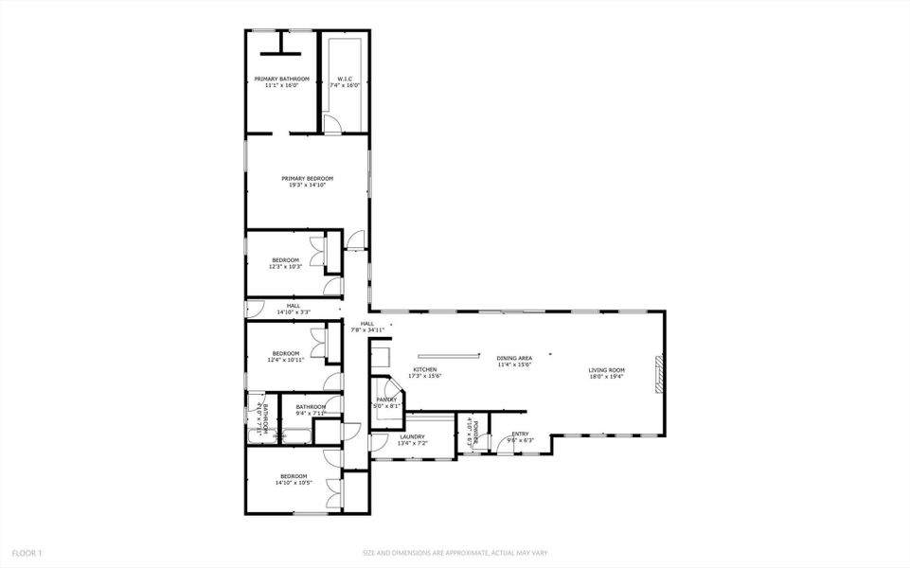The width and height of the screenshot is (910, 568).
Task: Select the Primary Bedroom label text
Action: [307, 178]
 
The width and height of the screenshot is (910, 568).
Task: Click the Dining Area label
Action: [514, 359]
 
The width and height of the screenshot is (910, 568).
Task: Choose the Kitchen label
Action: [424, 369]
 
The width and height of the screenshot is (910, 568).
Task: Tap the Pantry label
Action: [387, 399]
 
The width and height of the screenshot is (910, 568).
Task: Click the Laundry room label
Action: [412, 436]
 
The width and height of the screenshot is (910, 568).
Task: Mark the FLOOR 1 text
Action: [27, 552]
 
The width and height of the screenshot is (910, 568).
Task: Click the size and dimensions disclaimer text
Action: [455, 553]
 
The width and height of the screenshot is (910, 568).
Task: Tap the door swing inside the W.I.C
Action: [330, 124]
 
